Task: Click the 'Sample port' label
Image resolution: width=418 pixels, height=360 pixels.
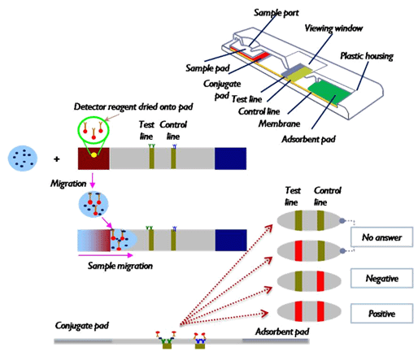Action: [276, 13]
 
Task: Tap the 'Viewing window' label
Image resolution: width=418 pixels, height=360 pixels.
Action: [333, 28]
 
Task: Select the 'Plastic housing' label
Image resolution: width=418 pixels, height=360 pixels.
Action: [367, 56]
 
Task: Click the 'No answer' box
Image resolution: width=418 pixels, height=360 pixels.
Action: [381, 237]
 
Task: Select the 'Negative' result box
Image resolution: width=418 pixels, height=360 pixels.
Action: [381, 278]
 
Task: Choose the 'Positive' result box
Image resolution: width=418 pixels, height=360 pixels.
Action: [381, 314]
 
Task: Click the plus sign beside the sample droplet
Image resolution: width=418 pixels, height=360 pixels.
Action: [56, 159]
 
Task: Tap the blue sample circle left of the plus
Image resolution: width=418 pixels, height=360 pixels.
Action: [23, 158]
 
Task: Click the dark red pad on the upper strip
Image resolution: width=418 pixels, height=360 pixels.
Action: [94, 158]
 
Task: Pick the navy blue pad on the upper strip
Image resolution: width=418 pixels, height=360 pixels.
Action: [230, 158]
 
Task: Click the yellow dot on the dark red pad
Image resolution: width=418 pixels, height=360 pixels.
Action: [94, 155]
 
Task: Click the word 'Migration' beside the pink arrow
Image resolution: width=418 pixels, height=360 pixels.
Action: [68, 184]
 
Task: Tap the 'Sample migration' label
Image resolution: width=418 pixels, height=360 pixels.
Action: [120, 266]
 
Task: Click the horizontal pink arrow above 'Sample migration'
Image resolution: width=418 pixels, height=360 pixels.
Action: [105, 255]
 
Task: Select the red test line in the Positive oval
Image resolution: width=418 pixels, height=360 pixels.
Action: [298, 311]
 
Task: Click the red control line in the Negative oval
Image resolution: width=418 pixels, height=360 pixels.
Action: [320, 281]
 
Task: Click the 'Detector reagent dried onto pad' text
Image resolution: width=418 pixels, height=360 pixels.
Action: [133, 106]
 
